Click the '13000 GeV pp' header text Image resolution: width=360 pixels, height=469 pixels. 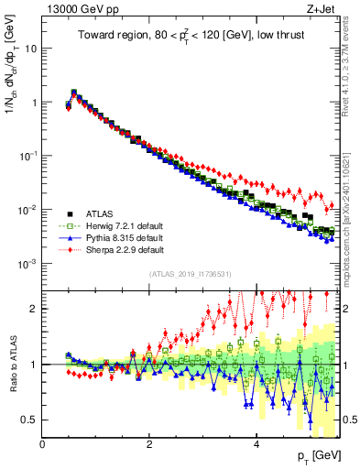(x=80, y=10)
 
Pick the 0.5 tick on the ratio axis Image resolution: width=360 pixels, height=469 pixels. (x=29, y=420)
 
